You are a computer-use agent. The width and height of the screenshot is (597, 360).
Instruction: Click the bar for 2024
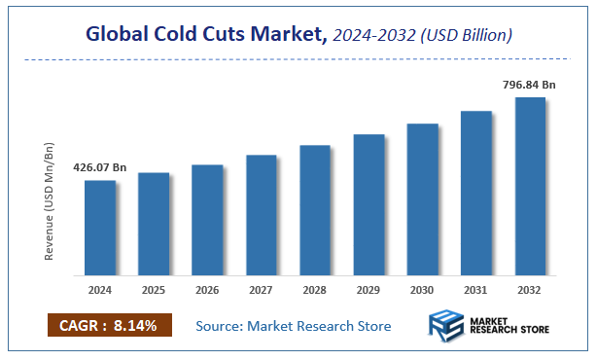tap(100, 228)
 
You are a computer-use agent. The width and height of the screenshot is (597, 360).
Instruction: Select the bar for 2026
tap(207, 220)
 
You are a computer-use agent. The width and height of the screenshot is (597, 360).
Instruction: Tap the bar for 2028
tap(315, 210)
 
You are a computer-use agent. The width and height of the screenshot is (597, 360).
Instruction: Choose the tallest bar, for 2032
tap(530, 186)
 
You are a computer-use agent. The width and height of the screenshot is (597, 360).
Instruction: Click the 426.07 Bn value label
tap(100, 167)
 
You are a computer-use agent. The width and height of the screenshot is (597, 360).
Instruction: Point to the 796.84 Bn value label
tap(530, 84)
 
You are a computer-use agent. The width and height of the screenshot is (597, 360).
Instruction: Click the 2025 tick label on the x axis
tap(154, 289)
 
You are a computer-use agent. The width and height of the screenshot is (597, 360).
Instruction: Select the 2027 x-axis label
tap(262, 289)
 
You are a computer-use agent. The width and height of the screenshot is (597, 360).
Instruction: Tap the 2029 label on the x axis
tap(369, 289)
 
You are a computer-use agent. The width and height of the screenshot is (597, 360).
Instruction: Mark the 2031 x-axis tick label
tap(476, 289)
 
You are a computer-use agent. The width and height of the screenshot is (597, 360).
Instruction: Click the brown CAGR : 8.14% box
tap(109, 326)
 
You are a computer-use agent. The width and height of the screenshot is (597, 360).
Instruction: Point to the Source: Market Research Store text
tap(294, 326)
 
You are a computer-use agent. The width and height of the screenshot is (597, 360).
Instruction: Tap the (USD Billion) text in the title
tap(466, 35)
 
